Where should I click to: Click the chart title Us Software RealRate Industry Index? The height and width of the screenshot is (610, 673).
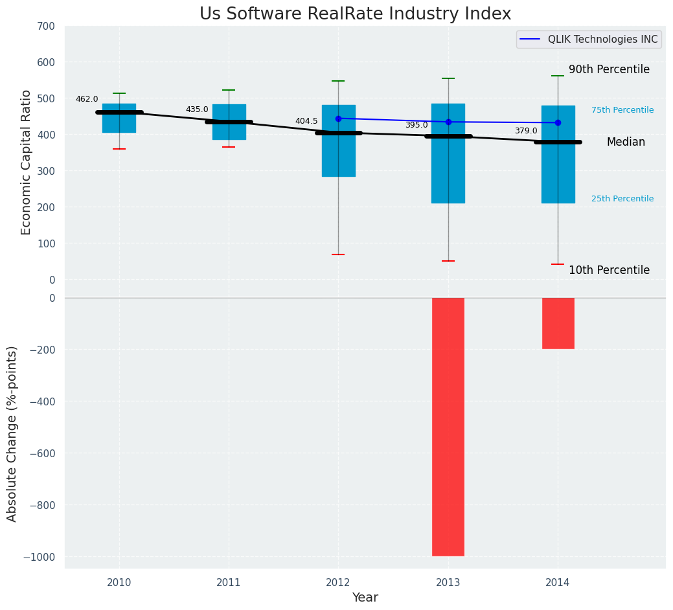click(x=355, y=14)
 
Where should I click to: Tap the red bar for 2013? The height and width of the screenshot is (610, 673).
click(x=448, y=426)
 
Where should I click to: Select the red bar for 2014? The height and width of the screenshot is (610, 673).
click(x=558, y=323)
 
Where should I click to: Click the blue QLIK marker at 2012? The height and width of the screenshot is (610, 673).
click(x=338, y=119)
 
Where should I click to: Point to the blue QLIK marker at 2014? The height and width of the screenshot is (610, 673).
click(x=558, y=122)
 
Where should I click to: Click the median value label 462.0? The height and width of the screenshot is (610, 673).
click(x=87, y=99)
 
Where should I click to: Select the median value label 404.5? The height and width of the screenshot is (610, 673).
click(x=306, y=121)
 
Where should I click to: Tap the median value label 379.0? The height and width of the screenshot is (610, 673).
click(x=526, y=131)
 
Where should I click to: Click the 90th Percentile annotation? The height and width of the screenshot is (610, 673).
click(x=609, y=69)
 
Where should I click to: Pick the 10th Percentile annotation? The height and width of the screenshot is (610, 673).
click(x=609, y=270)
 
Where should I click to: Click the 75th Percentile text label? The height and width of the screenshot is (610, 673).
click(x=622, y=110)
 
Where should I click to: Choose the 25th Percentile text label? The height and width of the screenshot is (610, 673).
click(x=622, y=199)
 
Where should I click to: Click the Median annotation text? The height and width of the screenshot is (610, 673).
click(x=626, y=142)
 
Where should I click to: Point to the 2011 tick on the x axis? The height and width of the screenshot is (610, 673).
click(x=229, y=582)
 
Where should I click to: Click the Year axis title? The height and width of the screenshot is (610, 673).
click(x=365, y=597)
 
